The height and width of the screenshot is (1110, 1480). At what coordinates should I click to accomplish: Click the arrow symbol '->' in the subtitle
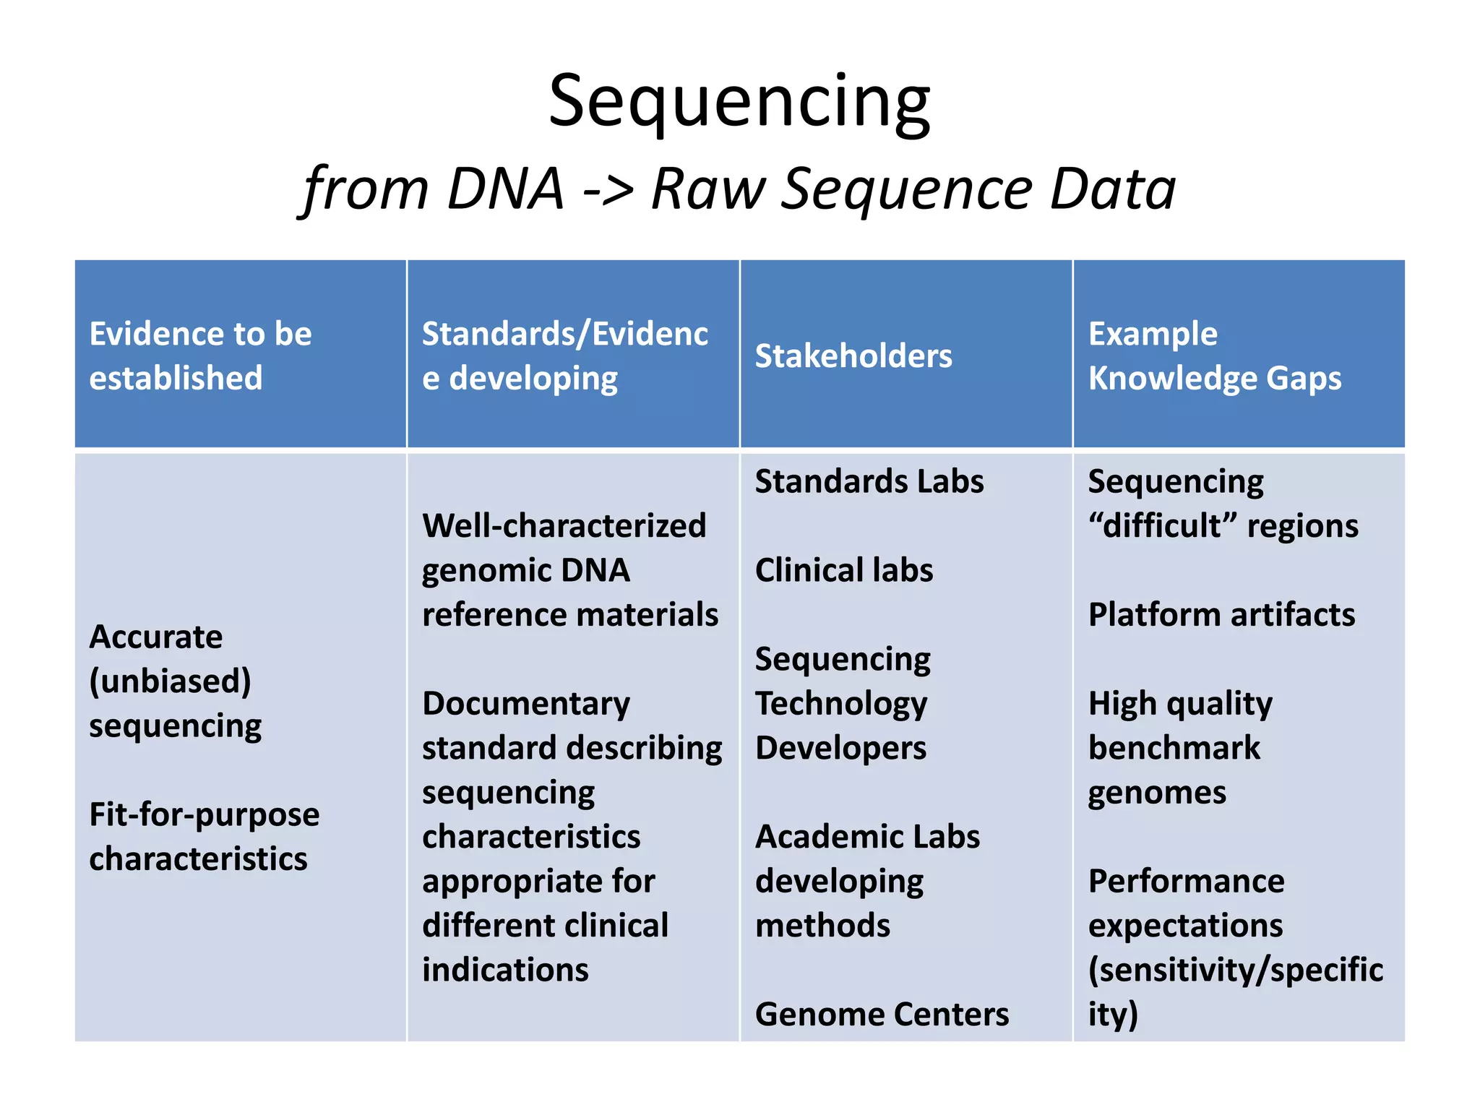point(607,189)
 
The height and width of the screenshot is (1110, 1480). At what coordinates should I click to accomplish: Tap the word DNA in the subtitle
point(505,189)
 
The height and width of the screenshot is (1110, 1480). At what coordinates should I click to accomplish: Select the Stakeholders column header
point(853,356)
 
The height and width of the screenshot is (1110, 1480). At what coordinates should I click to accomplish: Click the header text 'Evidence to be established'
point(200,356)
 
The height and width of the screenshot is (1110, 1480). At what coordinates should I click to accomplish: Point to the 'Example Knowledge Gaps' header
point(1214,356)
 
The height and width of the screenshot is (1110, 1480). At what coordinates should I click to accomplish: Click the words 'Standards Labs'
point(869,482)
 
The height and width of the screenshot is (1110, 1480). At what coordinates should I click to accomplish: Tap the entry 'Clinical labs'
point(843,570)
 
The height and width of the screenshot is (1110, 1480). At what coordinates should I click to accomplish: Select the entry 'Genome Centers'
point(882,1015)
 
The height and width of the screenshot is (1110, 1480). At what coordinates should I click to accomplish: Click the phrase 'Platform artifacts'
point(1221,615)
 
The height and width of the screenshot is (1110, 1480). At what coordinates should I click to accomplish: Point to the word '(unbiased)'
point(171,681)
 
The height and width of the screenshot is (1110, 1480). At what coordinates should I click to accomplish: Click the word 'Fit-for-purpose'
point(204,815)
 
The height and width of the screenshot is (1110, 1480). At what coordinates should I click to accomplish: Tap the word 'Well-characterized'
point(564,526)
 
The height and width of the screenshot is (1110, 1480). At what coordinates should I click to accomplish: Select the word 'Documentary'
point(526,704)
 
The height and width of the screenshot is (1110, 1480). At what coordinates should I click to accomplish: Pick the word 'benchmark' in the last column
point(1174,748)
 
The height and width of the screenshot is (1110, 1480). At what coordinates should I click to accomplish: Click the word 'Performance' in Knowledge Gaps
point(1186,882)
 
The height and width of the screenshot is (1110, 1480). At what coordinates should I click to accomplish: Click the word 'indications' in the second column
point(505,970)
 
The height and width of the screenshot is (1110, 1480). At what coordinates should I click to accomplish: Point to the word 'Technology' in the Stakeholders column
point(840,704)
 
